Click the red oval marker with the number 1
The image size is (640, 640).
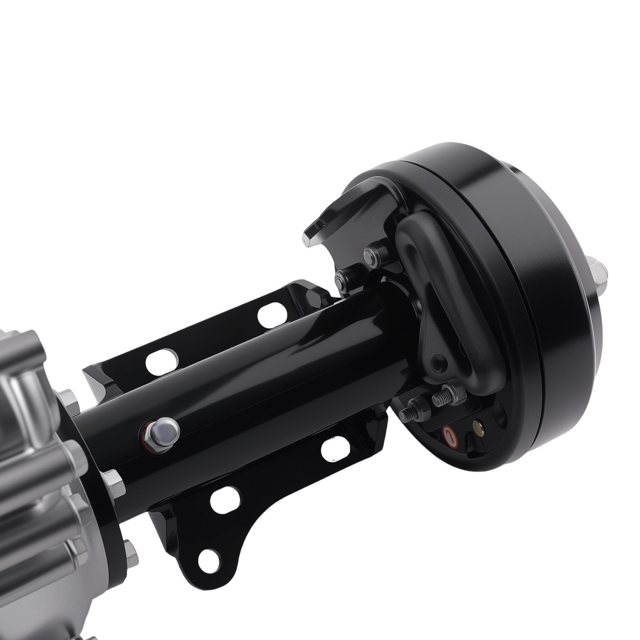[449, 438]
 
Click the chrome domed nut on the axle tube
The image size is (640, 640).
[161, 433]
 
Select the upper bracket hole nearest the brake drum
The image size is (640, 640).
[272, 315]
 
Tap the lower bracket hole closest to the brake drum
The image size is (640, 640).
[335, 448]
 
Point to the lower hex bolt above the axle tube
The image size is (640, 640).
[345, 279]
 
